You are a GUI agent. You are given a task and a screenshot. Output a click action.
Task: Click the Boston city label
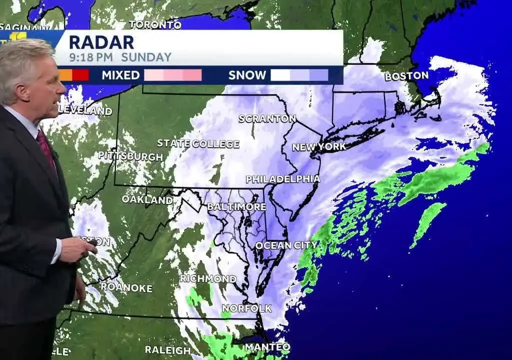406,76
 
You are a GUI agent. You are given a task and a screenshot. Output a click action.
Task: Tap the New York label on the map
319,147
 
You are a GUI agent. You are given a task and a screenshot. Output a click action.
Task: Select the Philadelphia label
282,179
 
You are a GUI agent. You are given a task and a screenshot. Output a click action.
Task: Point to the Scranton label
267,118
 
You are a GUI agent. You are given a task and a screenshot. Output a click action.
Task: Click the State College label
198,143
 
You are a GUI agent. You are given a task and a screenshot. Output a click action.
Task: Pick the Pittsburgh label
130,155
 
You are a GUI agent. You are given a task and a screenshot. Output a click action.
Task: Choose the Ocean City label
286,245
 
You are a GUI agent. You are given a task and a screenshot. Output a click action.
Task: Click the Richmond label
208,278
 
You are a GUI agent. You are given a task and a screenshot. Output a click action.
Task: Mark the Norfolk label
246,308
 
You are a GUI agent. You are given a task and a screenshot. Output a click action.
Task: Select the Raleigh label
168,350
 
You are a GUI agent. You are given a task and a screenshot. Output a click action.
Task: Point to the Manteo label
267,347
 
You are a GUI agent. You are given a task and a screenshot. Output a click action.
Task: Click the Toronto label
155,24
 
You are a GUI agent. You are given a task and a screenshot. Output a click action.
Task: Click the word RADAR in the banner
101,42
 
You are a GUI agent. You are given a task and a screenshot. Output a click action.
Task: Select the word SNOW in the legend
247,75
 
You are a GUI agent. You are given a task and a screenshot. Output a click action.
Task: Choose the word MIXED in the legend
120,75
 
